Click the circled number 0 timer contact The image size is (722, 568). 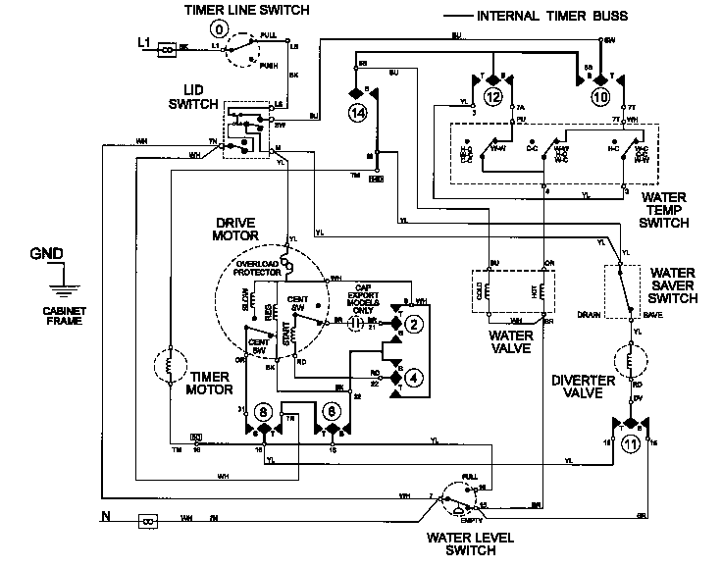click(x=220, y=31)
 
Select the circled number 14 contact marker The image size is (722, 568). click(x=352, y=114)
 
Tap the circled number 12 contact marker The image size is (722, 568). click(x=492, y=96)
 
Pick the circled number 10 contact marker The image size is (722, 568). click(x=599, y=96)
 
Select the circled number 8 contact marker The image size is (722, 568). click(x=262, y=412)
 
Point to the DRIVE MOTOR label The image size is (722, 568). click(x=234, y=230)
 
